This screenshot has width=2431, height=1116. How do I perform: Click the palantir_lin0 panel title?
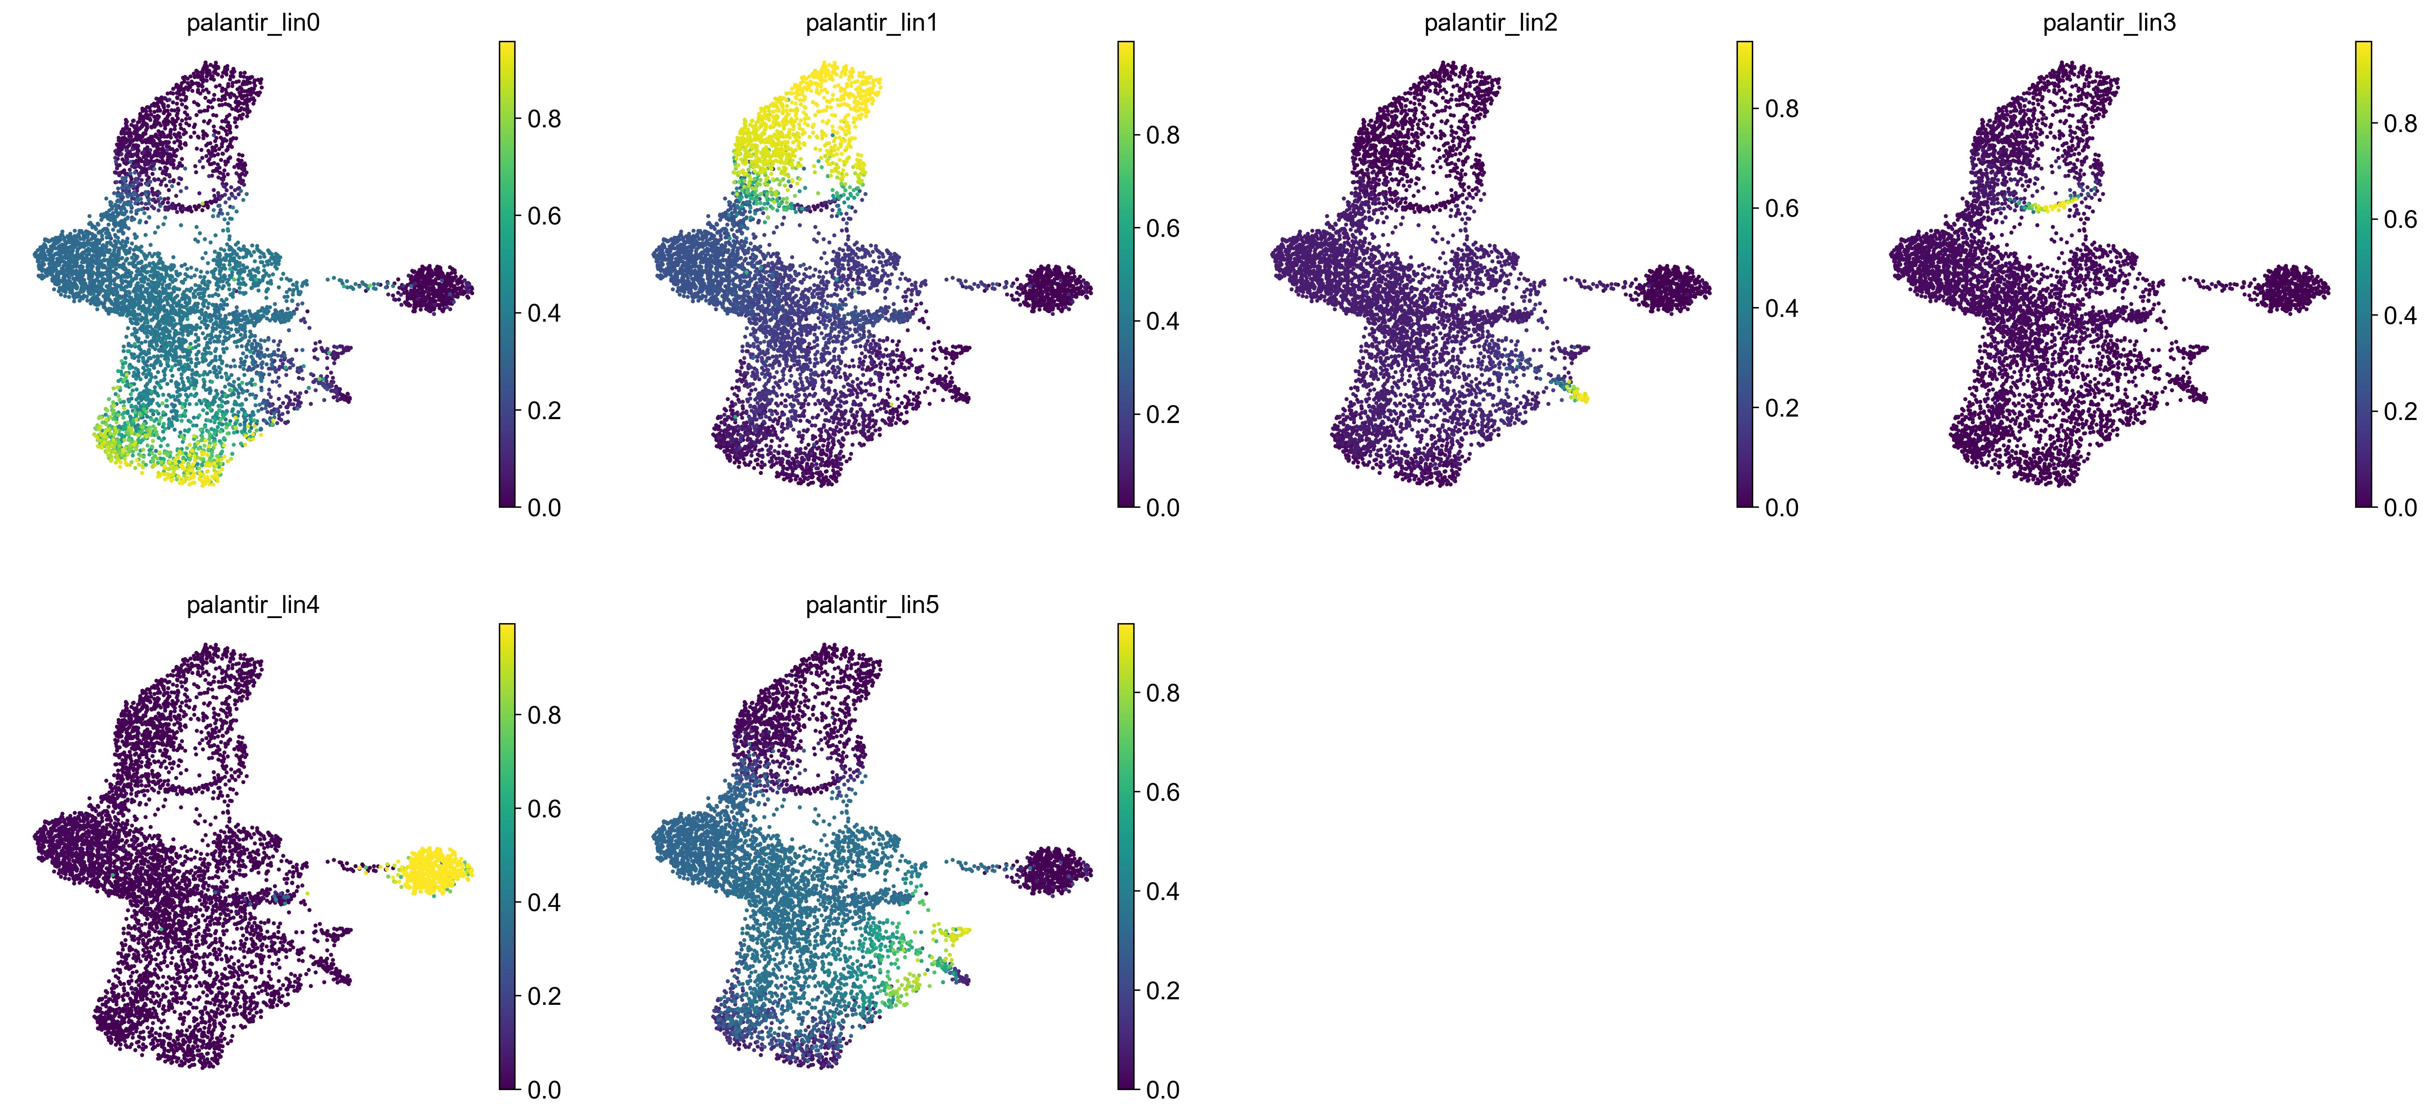pos(253,23)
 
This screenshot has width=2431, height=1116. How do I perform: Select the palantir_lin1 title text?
pos(872,23)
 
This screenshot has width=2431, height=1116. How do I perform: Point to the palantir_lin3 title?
pos(2109,23)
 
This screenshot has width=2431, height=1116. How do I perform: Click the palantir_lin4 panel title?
pos(253,605)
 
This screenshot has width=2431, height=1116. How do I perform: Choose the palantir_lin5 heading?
pos(872,605)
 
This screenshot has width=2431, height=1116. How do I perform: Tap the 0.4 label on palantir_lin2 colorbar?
pos(1782,308)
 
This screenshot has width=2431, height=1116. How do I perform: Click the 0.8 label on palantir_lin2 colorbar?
pos(1782,109)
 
